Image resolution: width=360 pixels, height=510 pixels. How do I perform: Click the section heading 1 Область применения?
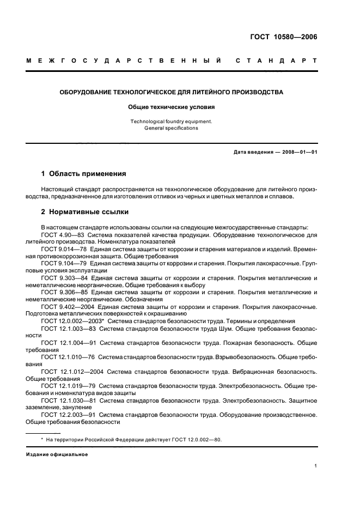pos(84,175)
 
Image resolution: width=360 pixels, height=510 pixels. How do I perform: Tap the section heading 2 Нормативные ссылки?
pos(85,212)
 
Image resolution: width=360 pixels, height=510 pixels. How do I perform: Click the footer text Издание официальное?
pos(57,454)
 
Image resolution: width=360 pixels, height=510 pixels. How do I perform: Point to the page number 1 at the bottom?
pos(316,466)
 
